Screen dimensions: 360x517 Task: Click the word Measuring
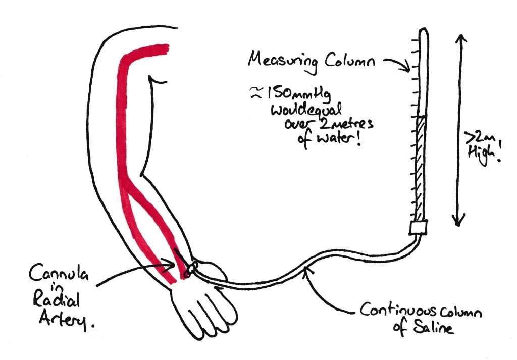pyautogui.click(x=282, y=61)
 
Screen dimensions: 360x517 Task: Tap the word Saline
pyautogui.click(x=434, y=328)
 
